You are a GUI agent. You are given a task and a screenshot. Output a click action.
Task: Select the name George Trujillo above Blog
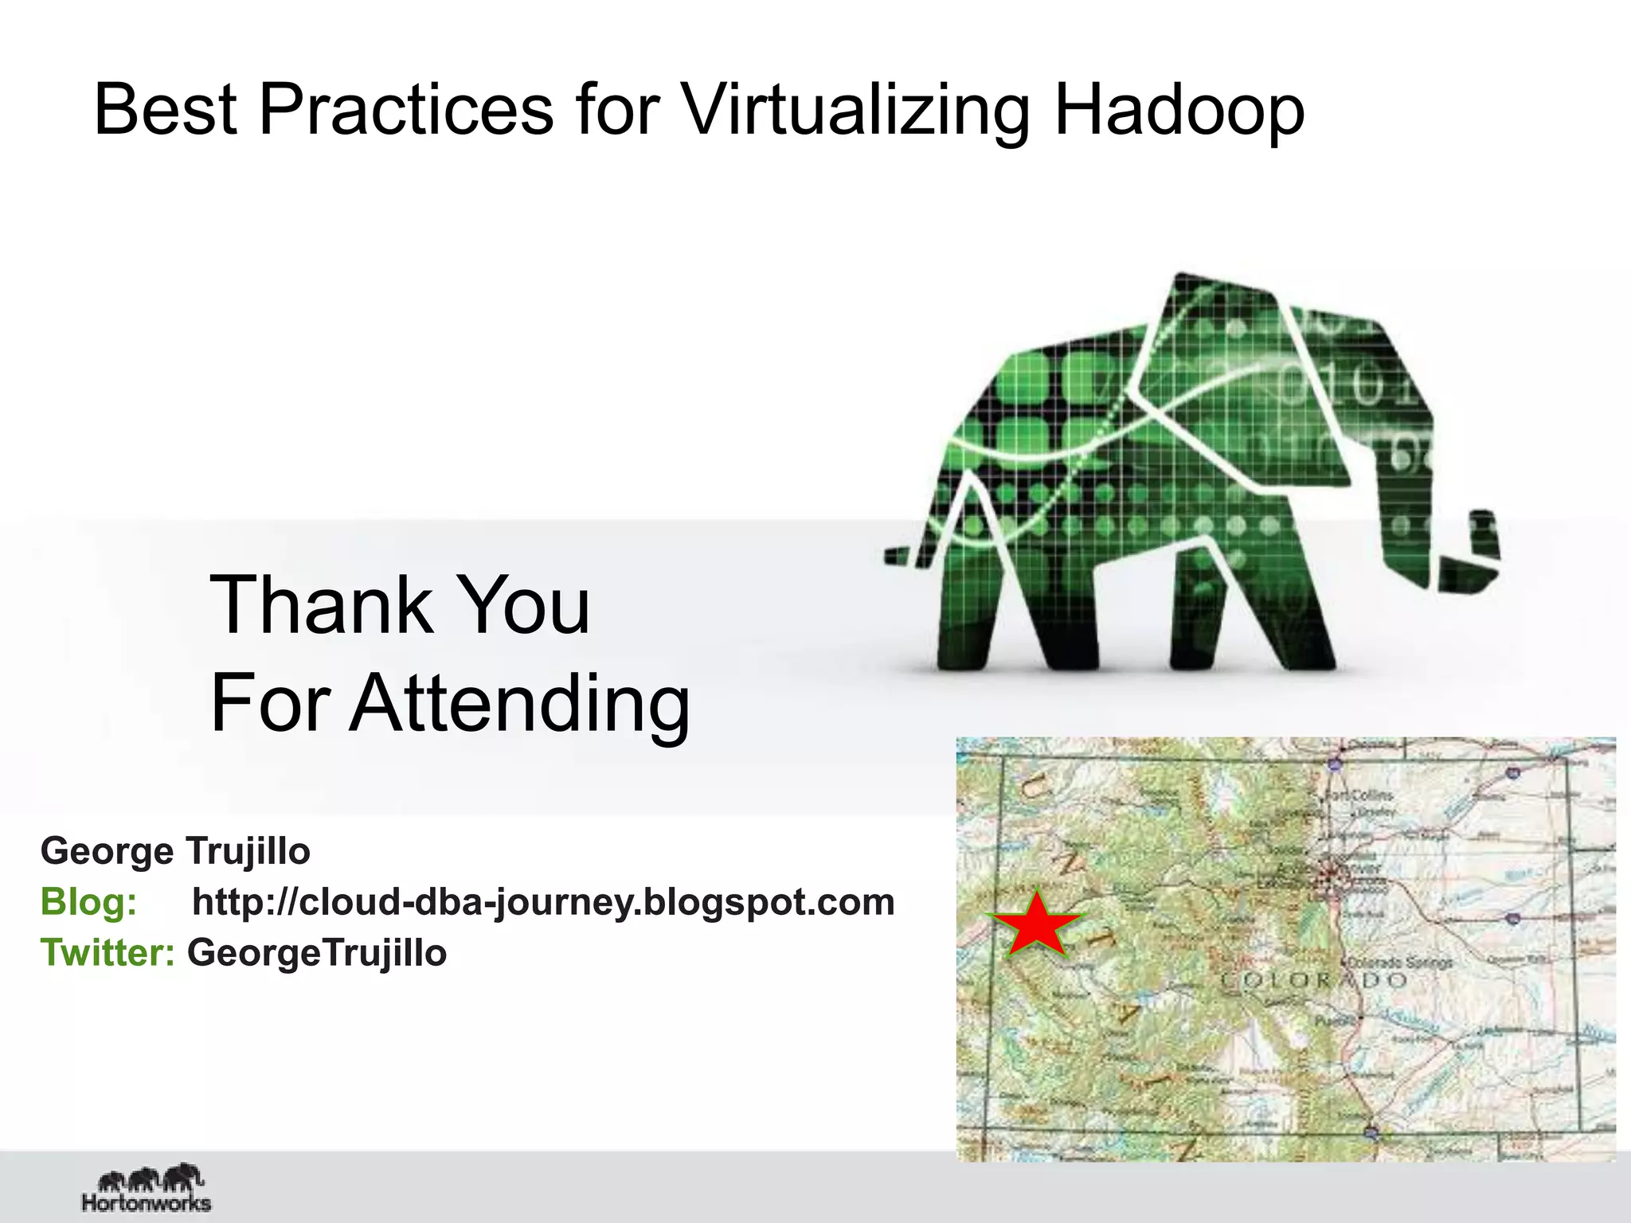[x=175, y=851]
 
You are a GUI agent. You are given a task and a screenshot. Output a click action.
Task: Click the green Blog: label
[x=88, y=902]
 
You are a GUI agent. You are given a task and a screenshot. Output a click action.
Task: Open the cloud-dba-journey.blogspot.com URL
[x=543, y=902]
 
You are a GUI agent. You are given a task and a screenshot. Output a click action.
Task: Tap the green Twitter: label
[x=108, y=953]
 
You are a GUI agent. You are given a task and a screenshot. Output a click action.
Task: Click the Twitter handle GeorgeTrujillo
[x=317, y=953]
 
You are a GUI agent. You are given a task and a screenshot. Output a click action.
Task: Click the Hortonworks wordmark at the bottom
[x=147, y=1202]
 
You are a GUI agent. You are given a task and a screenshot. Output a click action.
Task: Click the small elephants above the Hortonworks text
[x=151, y=1178]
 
